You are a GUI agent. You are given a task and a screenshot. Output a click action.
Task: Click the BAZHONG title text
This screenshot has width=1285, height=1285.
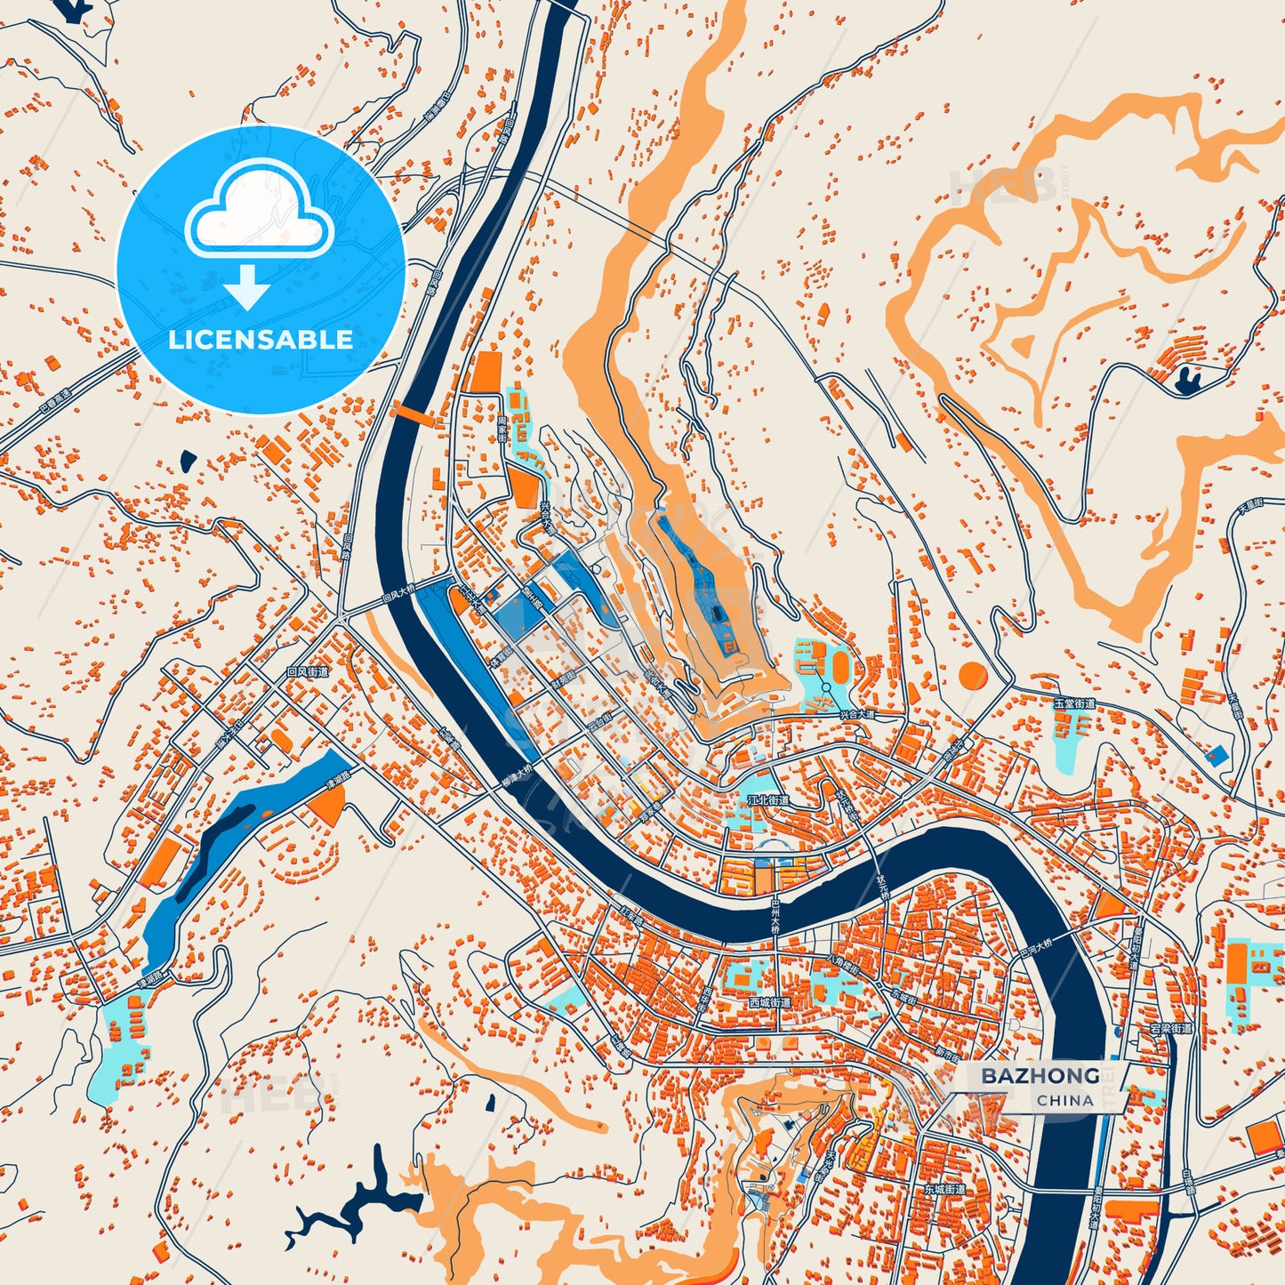coord(1040,1076)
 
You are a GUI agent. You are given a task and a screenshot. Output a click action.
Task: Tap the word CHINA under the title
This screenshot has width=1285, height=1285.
coord(1064,1100)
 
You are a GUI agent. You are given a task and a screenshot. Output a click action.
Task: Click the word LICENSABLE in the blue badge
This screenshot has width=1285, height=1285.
coord(261,339)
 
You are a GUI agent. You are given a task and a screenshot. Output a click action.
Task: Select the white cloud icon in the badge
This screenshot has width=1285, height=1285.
coord(259,213)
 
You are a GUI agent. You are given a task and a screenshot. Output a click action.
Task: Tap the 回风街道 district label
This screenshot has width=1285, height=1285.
coord(308,672)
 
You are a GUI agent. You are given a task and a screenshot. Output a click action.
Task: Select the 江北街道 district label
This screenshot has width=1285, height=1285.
coord(767,800)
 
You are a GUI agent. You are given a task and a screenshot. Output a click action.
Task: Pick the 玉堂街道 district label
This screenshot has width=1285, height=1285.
coord(1074,703)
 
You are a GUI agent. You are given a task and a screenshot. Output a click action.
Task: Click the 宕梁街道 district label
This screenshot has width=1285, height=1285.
coord(1170,1028)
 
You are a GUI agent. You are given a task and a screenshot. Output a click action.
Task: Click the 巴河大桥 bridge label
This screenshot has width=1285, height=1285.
coord(1034,945)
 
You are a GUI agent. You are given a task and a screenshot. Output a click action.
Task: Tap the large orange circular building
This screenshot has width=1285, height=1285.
coord(973,675)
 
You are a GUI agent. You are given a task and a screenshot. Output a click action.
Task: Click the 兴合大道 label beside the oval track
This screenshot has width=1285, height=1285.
coord(857,714)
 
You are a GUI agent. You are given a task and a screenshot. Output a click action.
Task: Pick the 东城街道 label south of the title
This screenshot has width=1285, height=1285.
coord(944,1189)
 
